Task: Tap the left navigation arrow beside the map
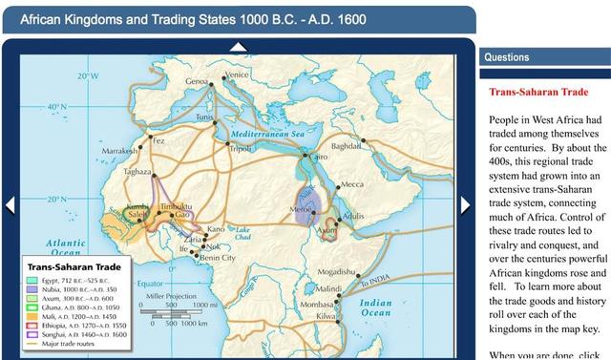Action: point(10,205)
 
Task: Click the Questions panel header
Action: point(544,57)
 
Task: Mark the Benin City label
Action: point(221,258)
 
